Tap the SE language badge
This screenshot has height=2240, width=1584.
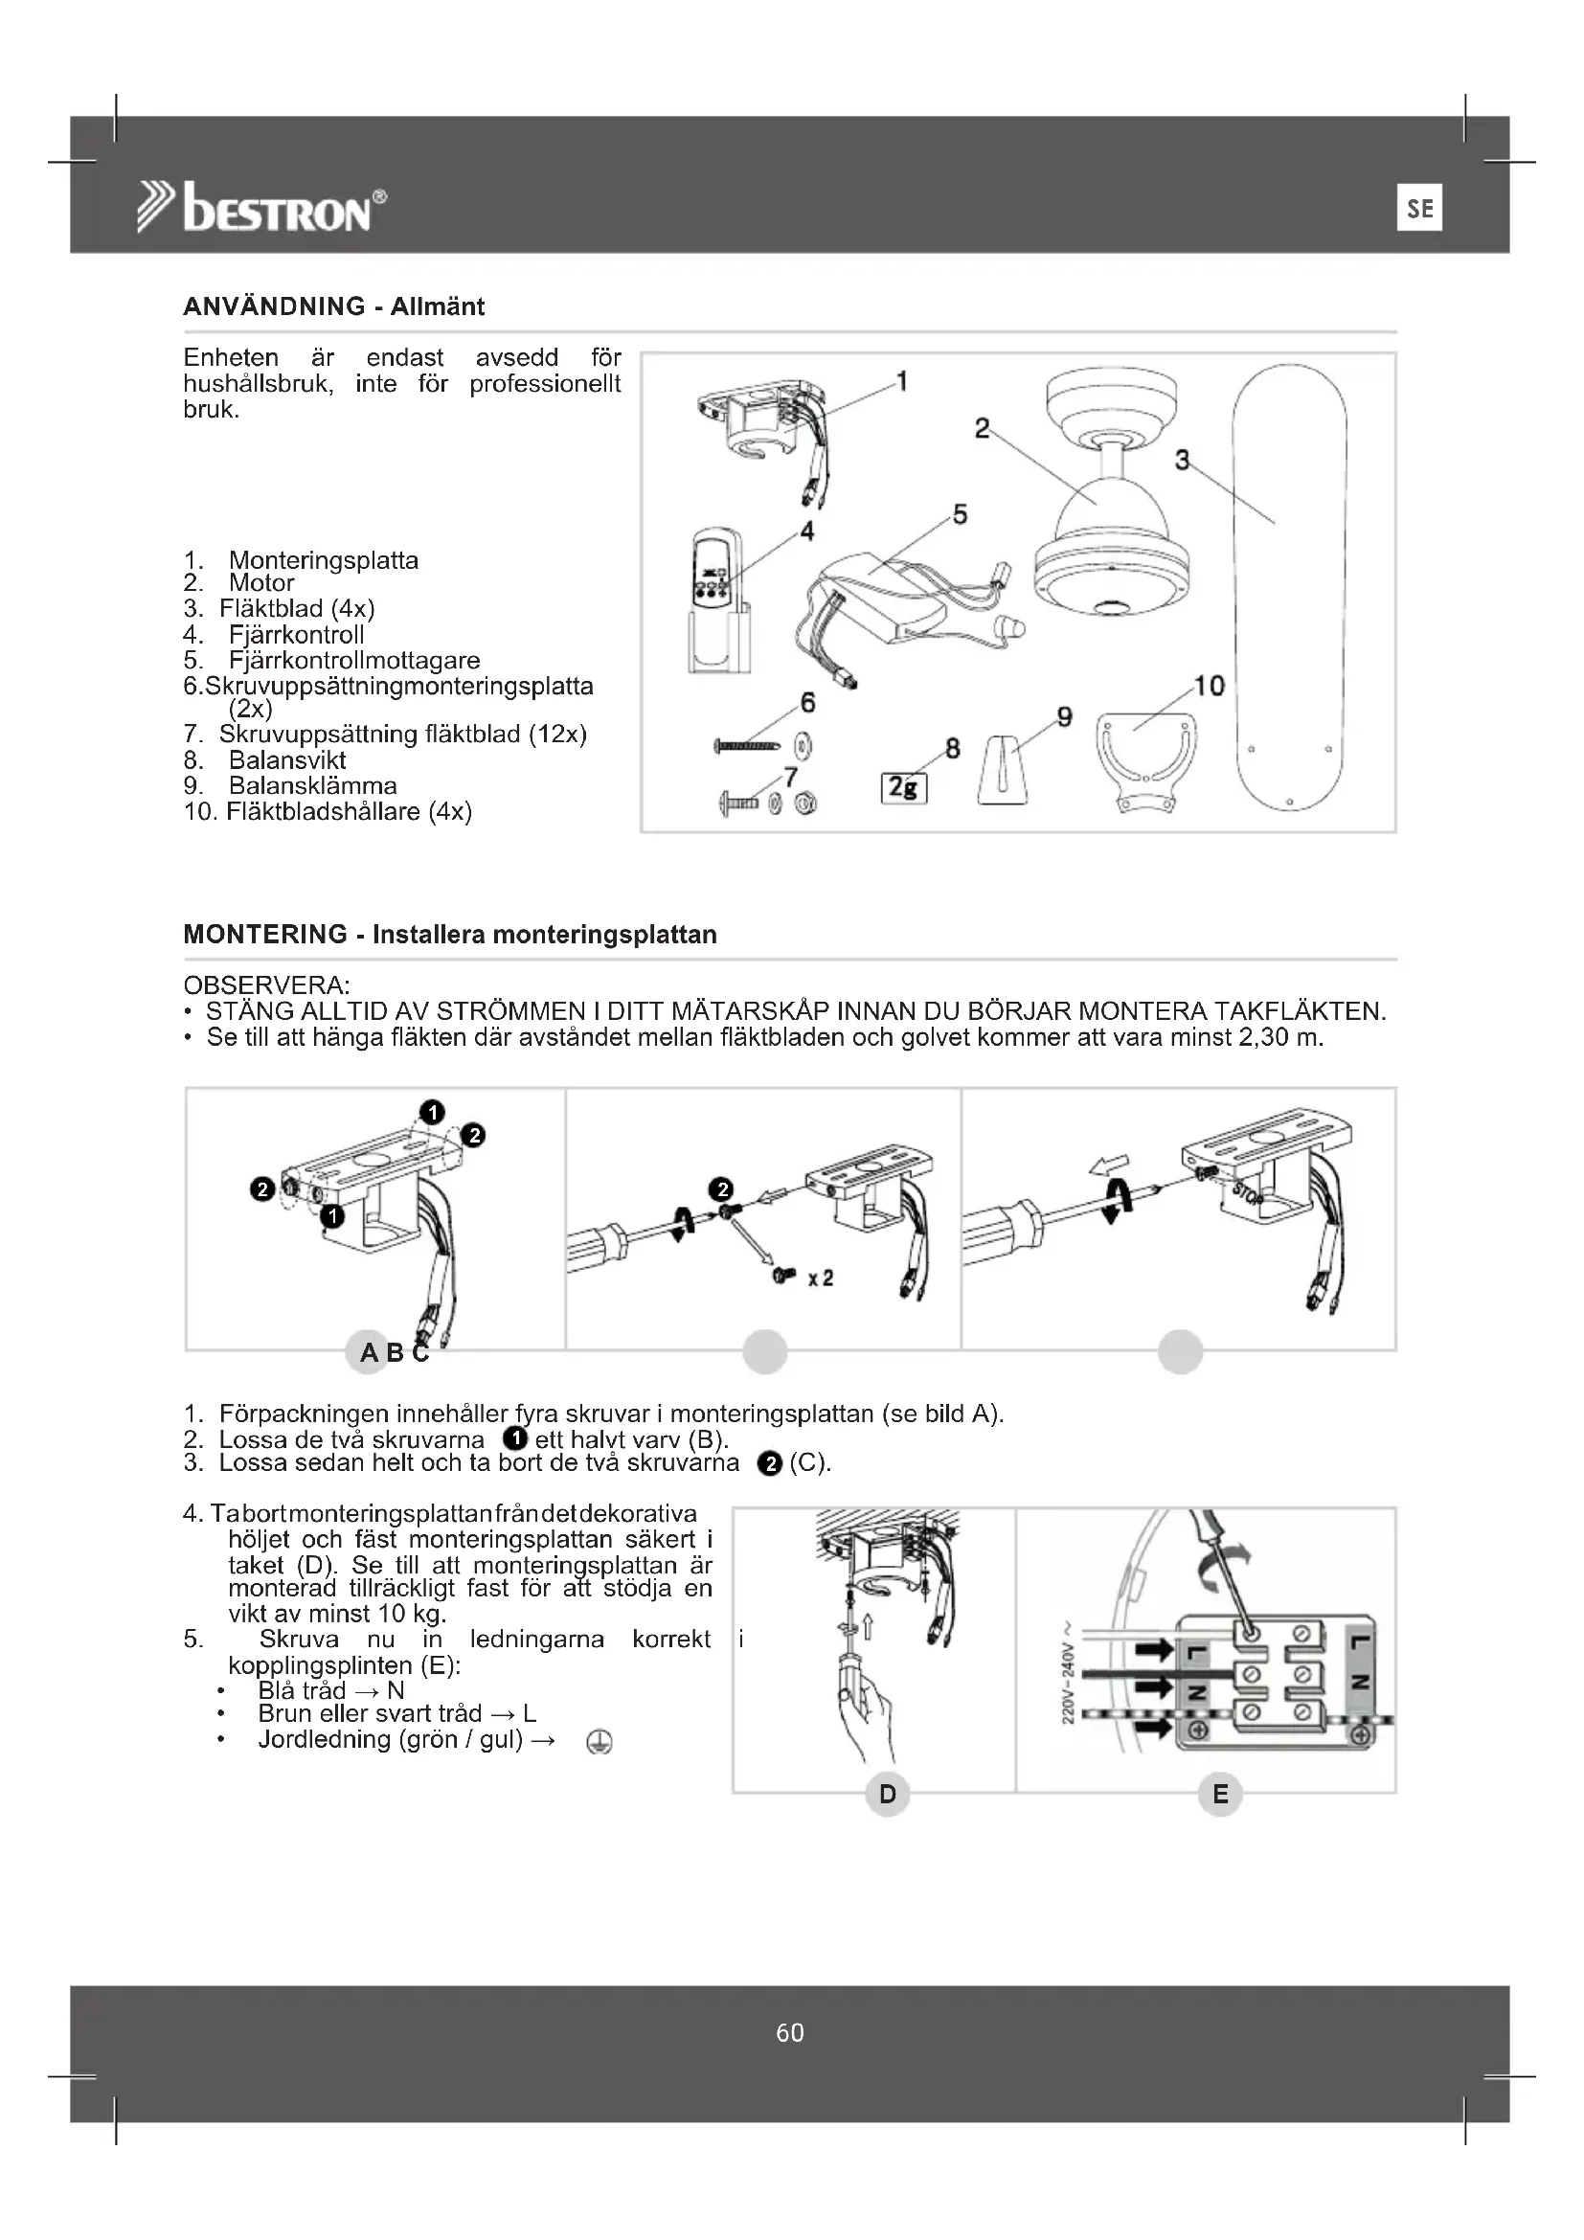pos(1419,208)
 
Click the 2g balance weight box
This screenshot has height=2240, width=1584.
pos(904,787)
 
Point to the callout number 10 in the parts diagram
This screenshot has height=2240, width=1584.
pos(1210,686)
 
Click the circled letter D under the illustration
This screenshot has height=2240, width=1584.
pos(888,1793)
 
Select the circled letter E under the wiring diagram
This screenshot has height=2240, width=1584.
pos(1220,1793)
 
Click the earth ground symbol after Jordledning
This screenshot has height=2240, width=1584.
pos(600,1741)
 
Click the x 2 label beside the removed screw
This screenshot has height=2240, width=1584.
pos(821,1278)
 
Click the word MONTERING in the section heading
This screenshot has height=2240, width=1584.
pos(265,935)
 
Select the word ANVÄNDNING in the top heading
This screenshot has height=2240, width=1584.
pos(274,306)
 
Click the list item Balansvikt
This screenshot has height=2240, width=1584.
pos(286,760)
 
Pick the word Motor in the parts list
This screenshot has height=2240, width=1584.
pos(261,583)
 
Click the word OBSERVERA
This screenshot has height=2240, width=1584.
pos(266,984)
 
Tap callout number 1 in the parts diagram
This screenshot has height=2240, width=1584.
pos(902,381)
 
